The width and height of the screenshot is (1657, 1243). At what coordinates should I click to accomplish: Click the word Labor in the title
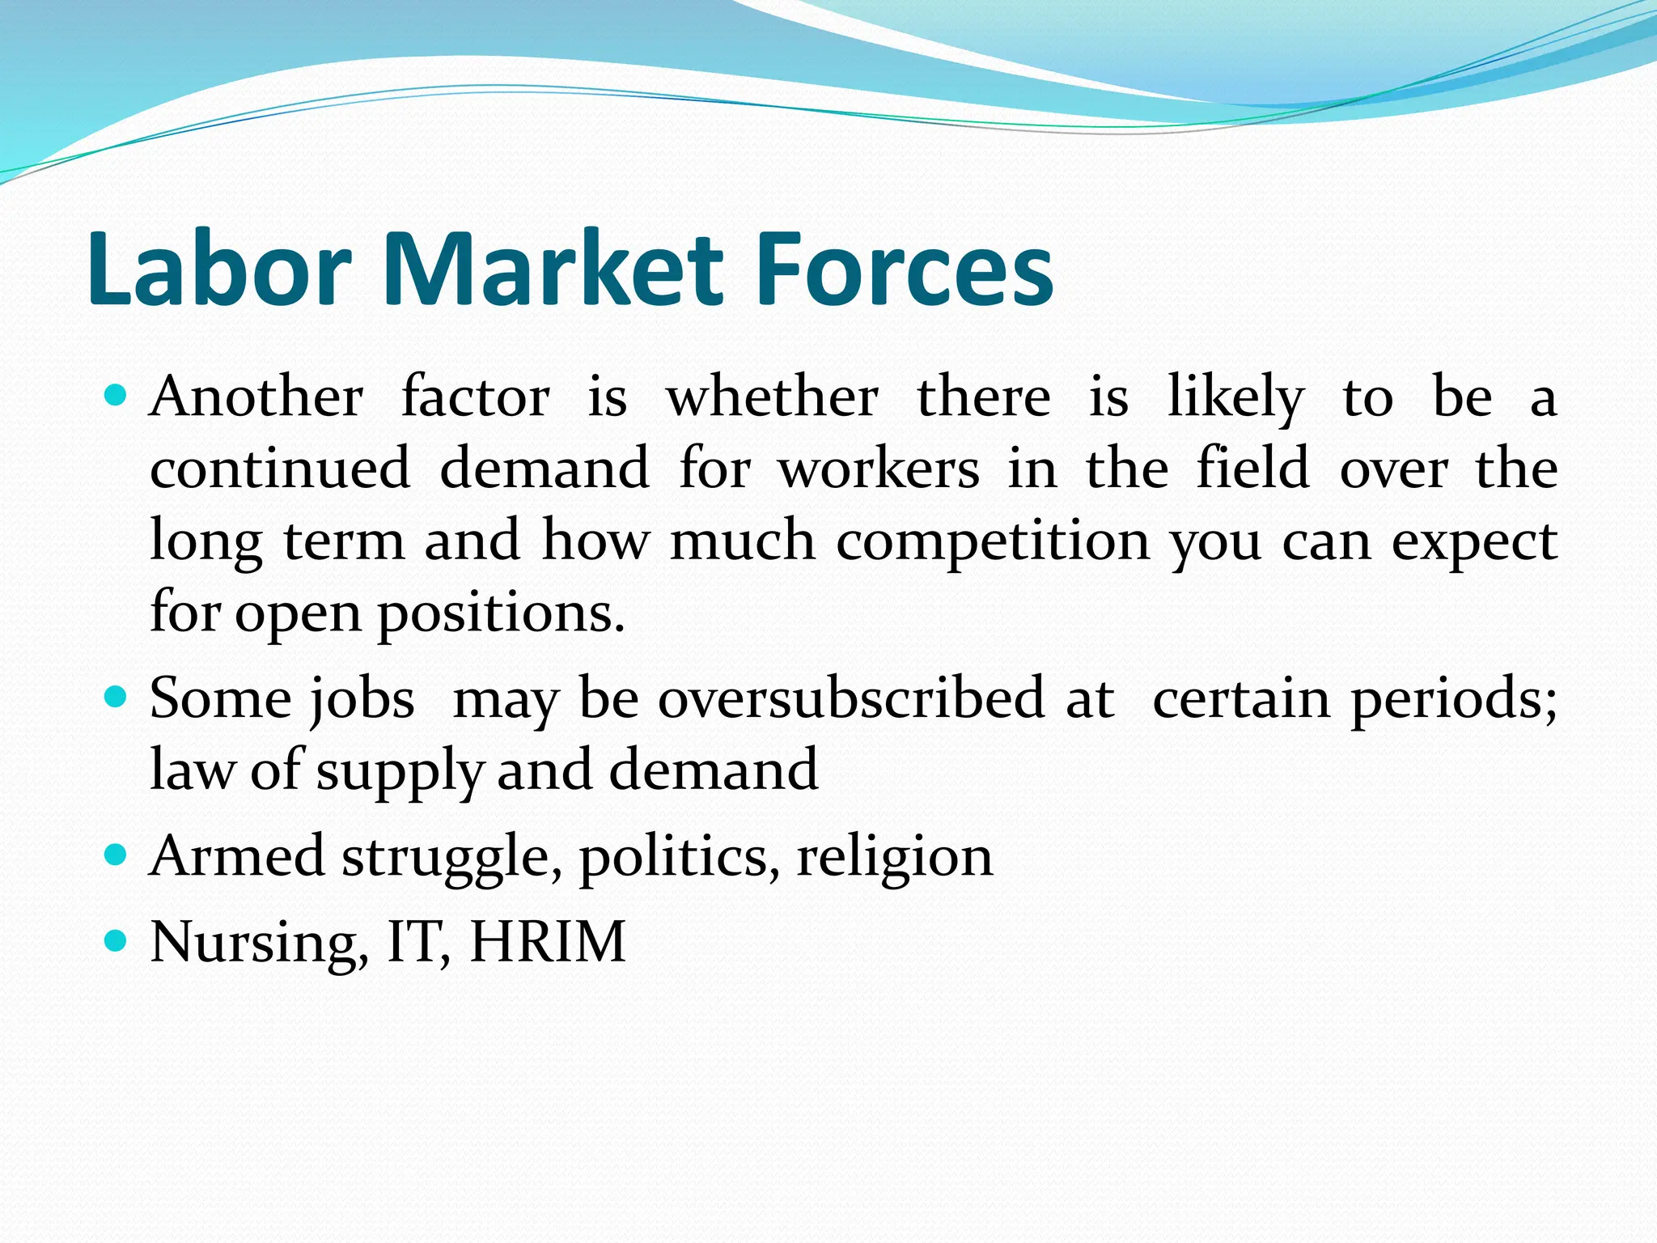tap(219, 269)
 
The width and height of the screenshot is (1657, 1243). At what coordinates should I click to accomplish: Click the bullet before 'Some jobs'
tap(117, 697)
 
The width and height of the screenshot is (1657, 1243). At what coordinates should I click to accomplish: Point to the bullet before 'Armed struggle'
tap(117, 855)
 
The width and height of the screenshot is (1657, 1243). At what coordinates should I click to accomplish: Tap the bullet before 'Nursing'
tap(117, 940)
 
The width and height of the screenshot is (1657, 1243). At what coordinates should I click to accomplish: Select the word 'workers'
tap(879, 469)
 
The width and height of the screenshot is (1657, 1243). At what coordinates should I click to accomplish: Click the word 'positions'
tap(501, 613)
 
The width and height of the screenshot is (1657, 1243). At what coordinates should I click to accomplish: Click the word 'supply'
tap(400, 770)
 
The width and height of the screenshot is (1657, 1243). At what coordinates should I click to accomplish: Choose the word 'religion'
tap(895, 856)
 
